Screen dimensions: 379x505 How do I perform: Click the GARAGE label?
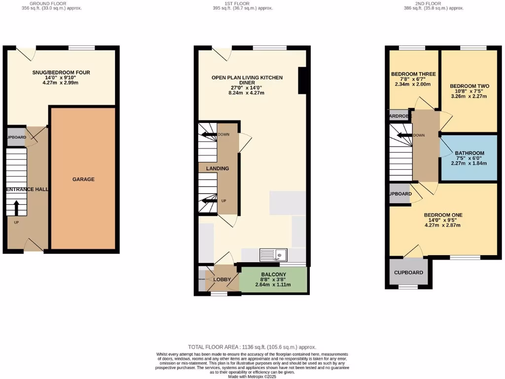(83, 179)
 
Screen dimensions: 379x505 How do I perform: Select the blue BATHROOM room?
(469, 158)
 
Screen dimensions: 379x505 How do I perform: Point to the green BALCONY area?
(273, 280)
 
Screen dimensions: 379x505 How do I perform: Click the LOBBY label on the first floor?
(222, 280)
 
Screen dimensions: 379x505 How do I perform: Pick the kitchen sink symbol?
(280, 255)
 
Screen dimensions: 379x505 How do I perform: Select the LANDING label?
(217, 168)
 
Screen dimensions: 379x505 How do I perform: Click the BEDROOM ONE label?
(442, 215)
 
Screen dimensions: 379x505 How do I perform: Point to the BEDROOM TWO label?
(469, 86)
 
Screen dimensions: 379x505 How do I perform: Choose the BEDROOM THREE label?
(413, 74)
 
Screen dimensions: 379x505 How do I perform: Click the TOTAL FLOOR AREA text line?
(252, 347)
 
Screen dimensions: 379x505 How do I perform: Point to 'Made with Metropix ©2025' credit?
(252, 377)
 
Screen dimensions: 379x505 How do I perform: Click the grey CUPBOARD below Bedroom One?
(408, 272)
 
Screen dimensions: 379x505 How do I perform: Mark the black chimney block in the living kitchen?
(303, 80)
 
